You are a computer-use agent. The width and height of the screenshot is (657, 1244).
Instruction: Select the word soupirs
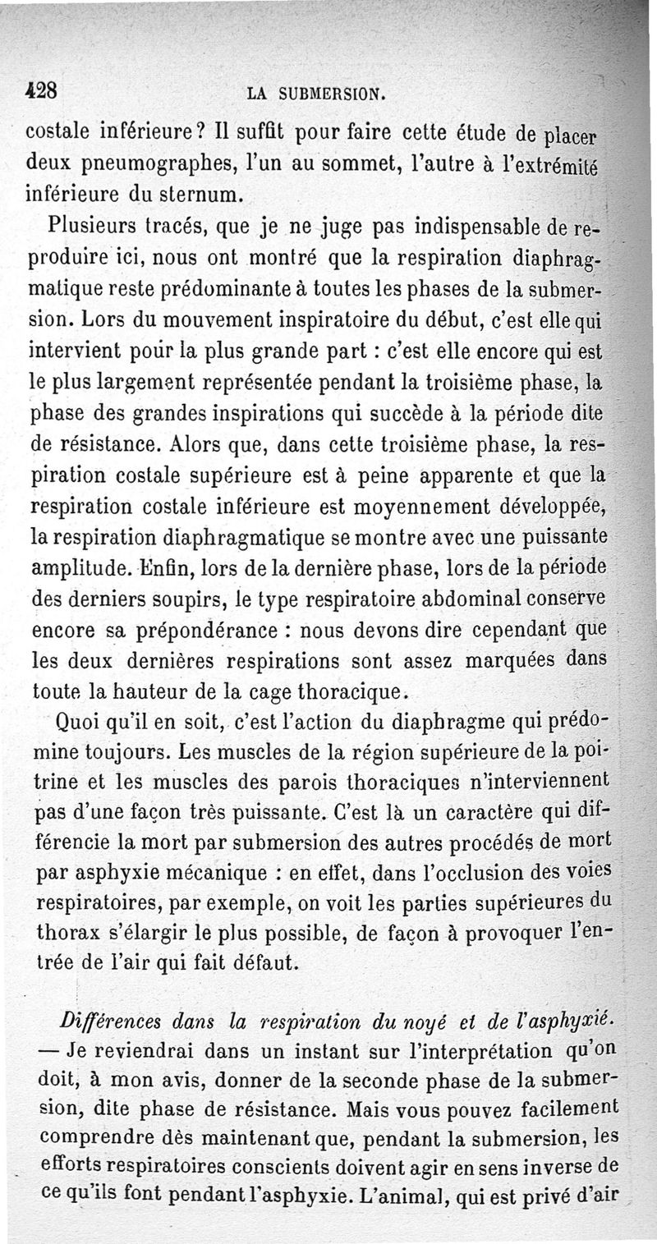coord(186,600)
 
